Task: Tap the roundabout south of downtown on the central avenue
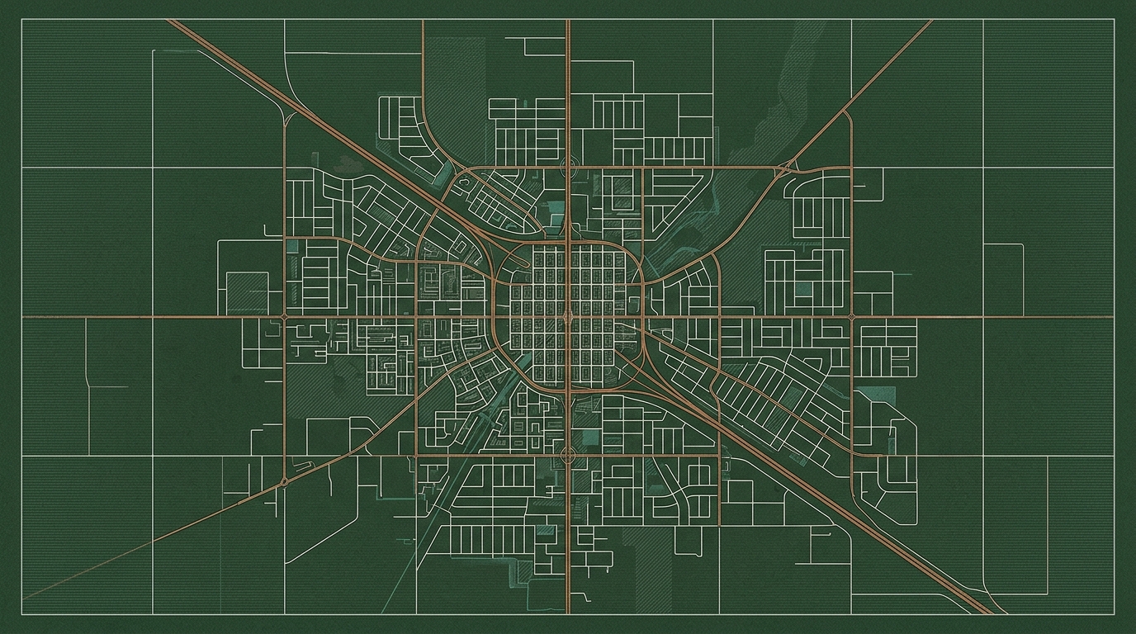pyautogui.click(x=568, y=455)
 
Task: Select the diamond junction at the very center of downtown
pyautogui.click(x=568, y=316)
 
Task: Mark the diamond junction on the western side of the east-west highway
pyautogui.click(x=285, y=316)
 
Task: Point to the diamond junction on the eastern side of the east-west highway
pyautogui.click(x=851, y=316)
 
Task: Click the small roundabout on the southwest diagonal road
pyautogui.click(x=285, y=480)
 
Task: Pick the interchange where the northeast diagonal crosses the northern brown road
pyautogui.click(x=783, y=168)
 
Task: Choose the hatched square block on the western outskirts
pyautogui.click(x=247, y=293)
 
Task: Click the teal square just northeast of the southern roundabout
pyautogui.click(x=592, y=438)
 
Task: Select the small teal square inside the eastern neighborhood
pyautogui.click(x=802, y=287)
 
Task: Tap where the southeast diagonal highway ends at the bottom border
pyautogui.click(x=991, y=613)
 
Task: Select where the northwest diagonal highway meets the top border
pyautogui.click(x=170, y=21)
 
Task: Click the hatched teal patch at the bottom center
pyautogui.click(x=522, y=572)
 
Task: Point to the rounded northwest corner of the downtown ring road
pyautogui.click(x=505, y=254)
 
